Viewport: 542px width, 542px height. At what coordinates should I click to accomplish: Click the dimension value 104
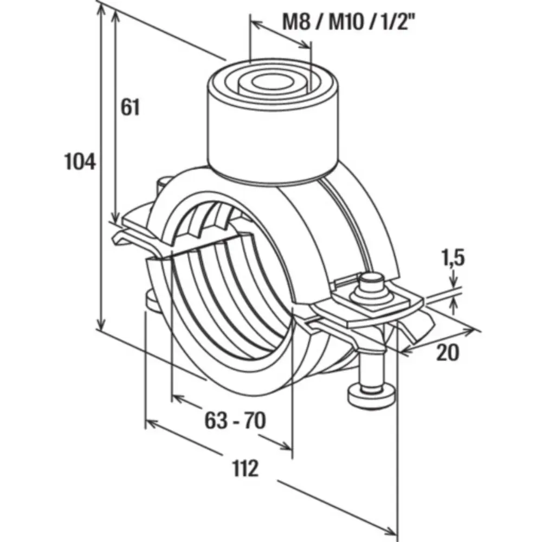[80, 162]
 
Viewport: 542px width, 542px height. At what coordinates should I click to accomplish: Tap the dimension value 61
[130, 107]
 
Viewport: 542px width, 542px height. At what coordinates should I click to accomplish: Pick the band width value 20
[447, 353]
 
